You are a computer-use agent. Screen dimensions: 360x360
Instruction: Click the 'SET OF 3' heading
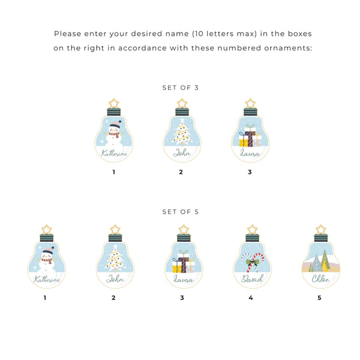point(180,88)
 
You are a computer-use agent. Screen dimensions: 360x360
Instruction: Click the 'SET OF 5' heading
point(180,212)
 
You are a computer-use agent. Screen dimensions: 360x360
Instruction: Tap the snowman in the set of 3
point(114,134)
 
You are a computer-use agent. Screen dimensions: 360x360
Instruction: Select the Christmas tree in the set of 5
point(115,257)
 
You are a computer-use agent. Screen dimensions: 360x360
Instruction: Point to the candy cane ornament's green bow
point(252,262)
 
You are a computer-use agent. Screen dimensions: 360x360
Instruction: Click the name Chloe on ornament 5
point(320,279)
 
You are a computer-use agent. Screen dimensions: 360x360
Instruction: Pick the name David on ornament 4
point(252,278)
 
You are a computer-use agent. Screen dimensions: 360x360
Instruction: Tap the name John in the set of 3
point(182,152)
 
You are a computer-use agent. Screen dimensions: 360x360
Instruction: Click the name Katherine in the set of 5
point(47,279)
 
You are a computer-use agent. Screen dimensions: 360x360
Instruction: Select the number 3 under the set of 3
point(250,172)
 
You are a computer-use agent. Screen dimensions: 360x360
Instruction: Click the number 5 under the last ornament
point(319,298)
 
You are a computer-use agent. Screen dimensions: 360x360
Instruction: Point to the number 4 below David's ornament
point(251,298)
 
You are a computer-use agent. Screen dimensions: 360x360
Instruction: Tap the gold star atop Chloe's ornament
point(321,230)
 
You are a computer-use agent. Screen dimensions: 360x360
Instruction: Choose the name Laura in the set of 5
point(183,279)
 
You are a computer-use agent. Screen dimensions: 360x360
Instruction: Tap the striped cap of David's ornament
point(253,238)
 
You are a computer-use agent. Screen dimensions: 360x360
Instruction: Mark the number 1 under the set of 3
point(113,172)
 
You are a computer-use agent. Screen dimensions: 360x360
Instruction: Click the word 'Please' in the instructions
point(67,34)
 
